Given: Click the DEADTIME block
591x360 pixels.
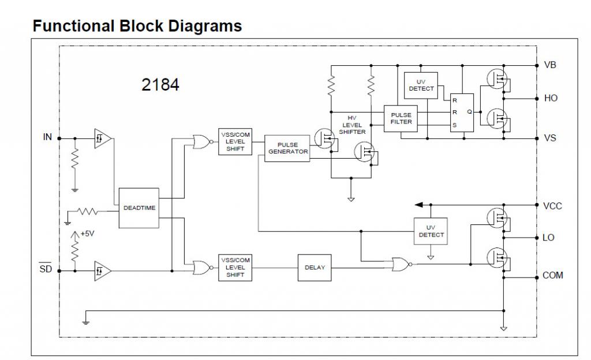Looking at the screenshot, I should [x=139, y=208].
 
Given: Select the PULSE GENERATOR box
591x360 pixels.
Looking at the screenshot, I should [x=287, y=148].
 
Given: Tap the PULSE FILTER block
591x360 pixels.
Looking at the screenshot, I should [x=401, y=118].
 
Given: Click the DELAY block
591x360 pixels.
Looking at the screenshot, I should [x=315, y=268].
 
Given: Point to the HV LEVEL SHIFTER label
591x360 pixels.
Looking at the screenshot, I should [x=352, y=125].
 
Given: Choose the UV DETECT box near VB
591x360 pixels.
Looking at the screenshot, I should [x=421, y=85].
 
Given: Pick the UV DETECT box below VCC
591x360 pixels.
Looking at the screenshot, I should [x=431, y=231].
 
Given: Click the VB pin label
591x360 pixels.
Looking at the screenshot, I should [x=550, y=65].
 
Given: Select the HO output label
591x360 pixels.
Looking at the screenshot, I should [x=551, y=98].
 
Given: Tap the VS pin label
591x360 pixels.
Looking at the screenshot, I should [x=550, y=138].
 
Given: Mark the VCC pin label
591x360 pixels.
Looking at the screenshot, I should [x=552, y=205].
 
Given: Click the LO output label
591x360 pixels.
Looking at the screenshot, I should [x=548, y=237].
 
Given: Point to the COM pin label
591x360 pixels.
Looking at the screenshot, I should [x=553, y=276].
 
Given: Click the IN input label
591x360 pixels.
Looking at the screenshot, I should [x=47, y=137].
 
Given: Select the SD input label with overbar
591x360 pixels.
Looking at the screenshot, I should [x=46, y=269].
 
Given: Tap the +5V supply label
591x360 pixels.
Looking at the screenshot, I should [x=87, y=234].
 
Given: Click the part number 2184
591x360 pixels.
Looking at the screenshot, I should [x=160, y=85].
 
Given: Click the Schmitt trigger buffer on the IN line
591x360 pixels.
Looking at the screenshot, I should [x=102, y=138].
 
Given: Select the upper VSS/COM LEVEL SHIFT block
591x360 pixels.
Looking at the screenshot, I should [x=235, y=141].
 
